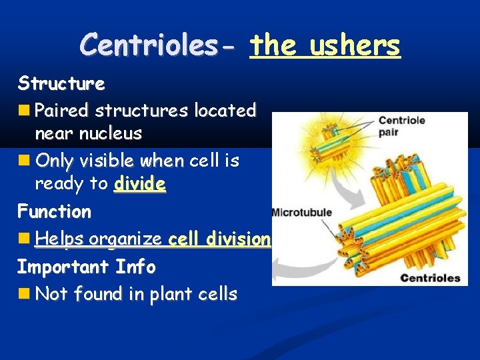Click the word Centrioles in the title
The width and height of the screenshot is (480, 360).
157,45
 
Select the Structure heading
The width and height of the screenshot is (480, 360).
61,84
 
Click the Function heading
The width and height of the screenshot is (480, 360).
54,212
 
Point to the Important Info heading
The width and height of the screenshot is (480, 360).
86,267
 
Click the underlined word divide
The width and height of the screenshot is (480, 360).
139,183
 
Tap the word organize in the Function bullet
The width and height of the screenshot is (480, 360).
127,239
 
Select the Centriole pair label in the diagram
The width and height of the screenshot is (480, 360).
402,126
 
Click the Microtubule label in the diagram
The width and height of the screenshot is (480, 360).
301,213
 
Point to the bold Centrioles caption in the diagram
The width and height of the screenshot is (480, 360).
430,277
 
